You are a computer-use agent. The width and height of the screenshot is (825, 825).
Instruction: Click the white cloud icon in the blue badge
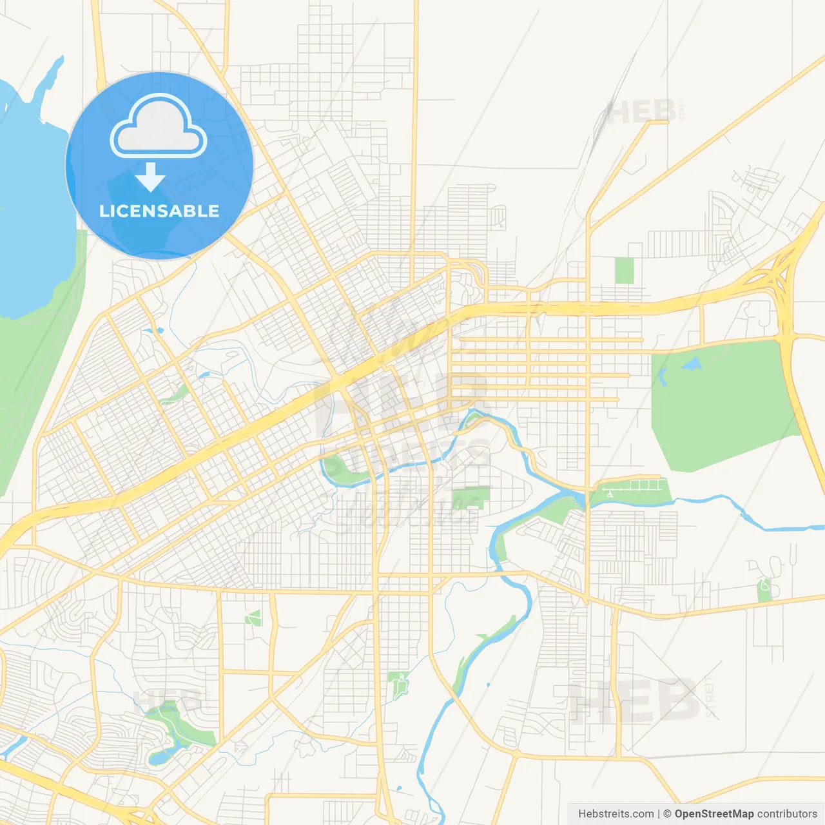tap(159, 127)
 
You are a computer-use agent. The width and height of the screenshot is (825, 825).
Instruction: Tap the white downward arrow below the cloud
tap(150, 177)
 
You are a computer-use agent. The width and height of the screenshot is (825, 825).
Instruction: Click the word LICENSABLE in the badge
tap(159, 211)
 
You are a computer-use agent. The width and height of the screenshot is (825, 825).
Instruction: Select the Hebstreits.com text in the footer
tap(616, 814)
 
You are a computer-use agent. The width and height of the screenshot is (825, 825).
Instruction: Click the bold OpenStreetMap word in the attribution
tap(714, 814)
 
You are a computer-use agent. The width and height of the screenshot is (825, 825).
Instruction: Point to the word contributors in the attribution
tap(787, 814)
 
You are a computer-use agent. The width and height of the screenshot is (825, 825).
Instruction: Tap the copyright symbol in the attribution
tap(667, 814)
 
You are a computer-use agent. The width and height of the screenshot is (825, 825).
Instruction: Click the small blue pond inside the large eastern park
tap(692, 365)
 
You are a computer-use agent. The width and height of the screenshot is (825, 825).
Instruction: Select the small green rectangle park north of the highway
tap(624, 271)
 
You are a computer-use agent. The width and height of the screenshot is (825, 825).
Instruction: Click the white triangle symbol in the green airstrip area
tap(610, 494)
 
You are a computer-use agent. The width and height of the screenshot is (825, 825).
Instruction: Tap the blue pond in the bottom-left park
tap(159, 755)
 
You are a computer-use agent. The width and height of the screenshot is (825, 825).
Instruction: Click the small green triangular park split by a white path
tap(254, 617)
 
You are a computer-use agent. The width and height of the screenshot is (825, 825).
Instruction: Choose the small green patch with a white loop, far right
tap(764, 588)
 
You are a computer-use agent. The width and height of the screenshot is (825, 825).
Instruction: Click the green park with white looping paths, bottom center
tap(399, 684)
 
